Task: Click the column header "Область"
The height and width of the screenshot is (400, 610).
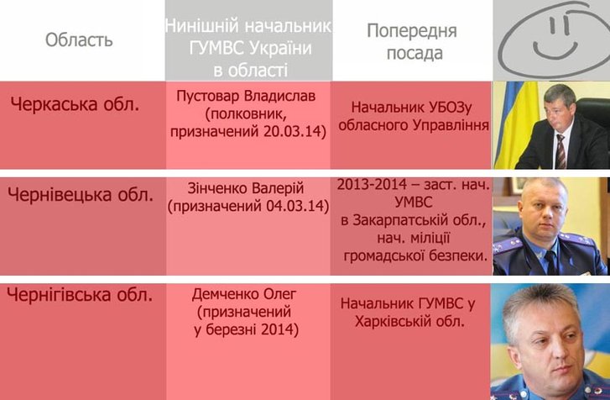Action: (x=79, y=39)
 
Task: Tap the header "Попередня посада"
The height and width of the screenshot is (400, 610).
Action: (x=412, y=42)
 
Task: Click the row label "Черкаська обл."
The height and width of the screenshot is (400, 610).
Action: (x=75, y=104)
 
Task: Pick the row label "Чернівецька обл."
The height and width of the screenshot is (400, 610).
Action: (x=81, y=194)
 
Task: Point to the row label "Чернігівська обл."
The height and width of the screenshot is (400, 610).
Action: (x=80, y=294)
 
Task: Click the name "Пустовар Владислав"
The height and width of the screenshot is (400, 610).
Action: (x=246, y=96)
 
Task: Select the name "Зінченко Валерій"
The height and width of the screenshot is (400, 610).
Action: (x=246, y=188)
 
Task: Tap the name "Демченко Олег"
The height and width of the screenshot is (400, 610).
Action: (x=244, y=294)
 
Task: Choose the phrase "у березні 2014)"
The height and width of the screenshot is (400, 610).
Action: (x=246, y=330)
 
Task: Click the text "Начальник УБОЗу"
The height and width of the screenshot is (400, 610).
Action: (x=411, y=108)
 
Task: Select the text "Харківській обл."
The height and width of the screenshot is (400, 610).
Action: (x=410, y=321)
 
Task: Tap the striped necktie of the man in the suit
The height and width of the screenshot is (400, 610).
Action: (x=560, y=151)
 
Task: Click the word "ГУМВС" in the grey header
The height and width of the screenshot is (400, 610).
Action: (x=216, y=48)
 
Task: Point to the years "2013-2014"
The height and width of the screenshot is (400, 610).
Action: (x=372, y=184)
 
